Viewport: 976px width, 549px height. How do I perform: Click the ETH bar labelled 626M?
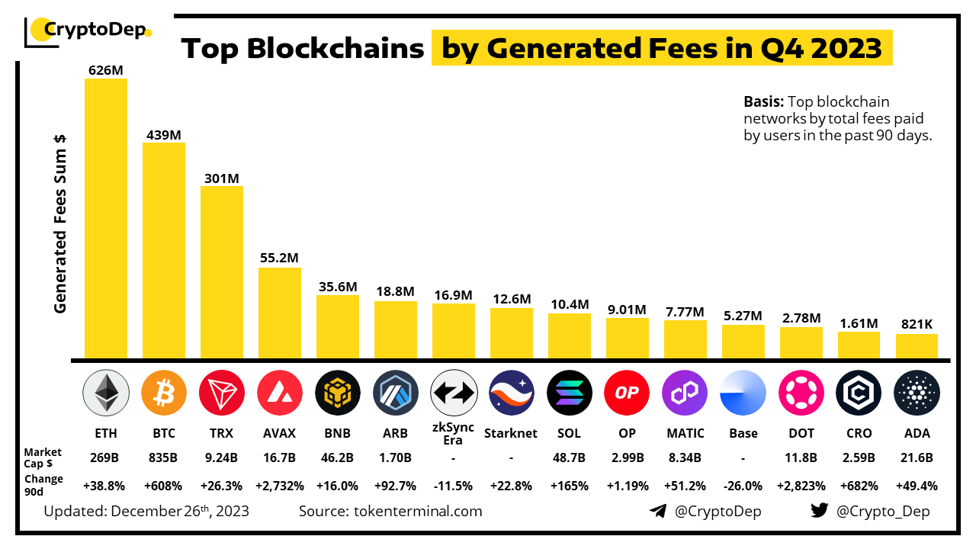tap(106, 217)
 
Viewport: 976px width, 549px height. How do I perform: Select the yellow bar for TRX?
tap(222, 271)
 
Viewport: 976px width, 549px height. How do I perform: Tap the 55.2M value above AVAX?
tap(279, 258)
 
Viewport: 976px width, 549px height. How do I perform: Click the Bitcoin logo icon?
tap(163, 392)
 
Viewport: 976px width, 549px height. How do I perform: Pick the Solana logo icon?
tap(569, 392)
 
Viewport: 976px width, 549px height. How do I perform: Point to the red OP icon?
tap(627, 392)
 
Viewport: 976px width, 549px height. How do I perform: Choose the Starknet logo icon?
tap(511, 392)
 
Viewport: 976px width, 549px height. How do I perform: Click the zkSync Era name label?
tap(453, 433)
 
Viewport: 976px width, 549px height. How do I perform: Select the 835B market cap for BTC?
tap(163, 457)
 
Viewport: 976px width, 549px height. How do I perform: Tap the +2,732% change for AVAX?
tap(279, 485)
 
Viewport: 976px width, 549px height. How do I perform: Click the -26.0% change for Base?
tap(743, 485)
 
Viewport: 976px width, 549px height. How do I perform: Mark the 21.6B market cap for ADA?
tap(917, 457)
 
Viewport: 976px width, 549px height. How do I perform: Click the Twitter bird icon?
tap(820, 511)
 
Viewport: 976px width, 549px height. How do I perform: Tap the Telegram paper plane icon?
tap(658, 511)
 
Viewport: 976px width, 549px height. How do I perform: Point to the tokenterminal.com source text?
tap(418, 511)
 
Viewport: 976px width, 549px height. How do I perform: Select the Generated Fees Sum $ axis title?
tap(60, 223)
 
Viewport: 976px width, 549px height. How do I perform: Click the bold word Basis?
tap(763, 101)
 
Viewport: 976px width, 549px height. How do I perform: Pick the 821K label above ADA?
tap(917, 324)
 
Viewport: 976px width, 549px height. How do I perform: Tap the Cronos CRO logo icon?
tap(859, 392)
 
